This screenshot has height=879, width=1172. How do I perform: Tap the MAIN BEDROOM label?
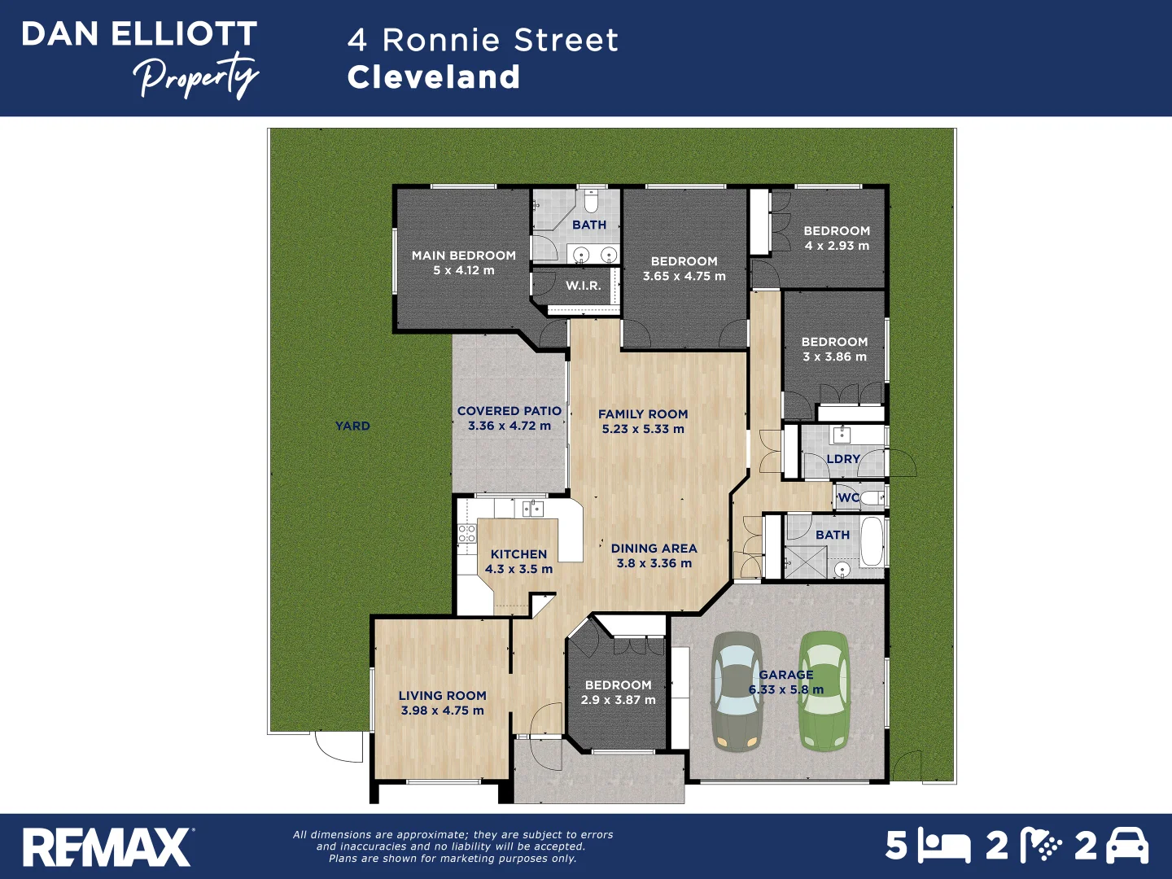point(463,256)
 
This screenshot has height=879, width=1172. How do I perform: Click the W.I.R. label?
point(584,286)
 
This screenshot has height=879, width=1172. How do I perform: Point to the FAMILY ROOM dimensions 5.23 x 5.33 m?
point(643,429)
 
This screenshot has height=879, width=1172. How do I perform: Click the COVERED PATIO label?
point(509,411)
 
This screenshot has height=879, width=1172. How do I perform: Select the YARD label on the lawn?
point(352,426)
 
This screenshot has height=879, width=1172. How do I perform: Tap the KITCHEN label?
point(518,554)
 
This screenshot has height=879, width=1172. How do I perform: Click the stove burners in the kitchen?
point(466,534)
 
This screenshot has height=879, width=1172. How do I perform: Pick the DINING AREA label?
point(654,549)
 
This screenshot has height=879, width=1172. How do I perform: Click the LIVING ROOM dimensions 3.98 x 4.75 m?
point(442,711)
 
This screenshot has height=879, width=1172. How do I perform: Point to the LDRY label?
point(843,459)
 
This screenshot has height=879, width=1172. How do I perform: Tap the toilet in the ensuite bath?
point(592,200)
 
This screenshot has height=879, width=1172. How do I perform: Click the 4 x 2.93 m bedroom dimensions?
point(837,246)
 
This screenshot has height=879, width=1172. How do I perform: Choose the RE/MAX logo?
point(107,847)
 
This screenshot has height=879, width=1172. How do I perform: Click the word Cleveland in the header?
point(434,77)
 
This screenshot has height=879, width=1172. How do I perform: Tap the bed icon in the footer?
point(944,846)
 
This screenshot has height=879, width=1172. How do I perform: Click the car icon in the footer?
point(1127,846)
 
